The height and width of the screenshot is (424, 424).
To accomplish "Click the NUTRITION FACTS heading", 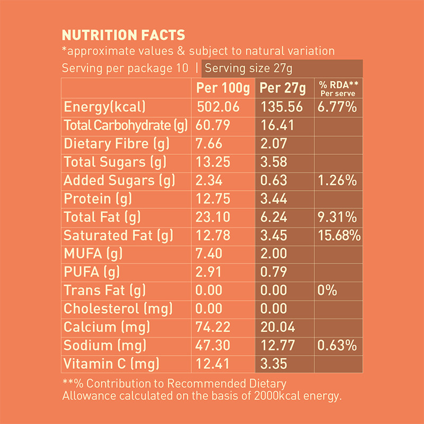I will point(123,36).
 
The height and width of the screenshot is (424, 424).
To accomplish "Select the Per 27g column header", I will point(282,87).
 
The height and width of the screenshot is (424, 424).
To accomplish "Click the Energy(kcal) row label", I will point(104,107).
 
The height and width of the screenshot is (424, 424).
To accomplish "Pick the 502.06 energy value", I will point(218,107).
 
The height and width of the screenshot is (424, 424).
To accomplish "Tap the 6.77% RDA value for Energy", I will point(337,107).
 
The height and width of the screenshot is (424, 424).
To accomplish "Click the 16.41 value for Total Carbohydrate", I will point(275,126).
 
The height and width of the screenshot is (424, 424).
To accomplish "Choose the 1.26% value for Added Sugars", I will point(337,180).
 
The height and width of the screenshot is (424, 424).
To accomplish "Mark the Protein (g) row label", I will point(98,199).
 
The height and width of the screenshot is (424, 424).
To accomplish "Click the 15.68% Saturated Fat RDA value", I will point(340,235).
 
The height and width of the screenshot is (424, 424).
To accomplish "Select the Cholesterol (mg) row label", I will point(116,309).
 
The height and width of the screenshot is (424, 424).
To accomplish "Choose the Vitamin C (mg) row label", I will point(111,364).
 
